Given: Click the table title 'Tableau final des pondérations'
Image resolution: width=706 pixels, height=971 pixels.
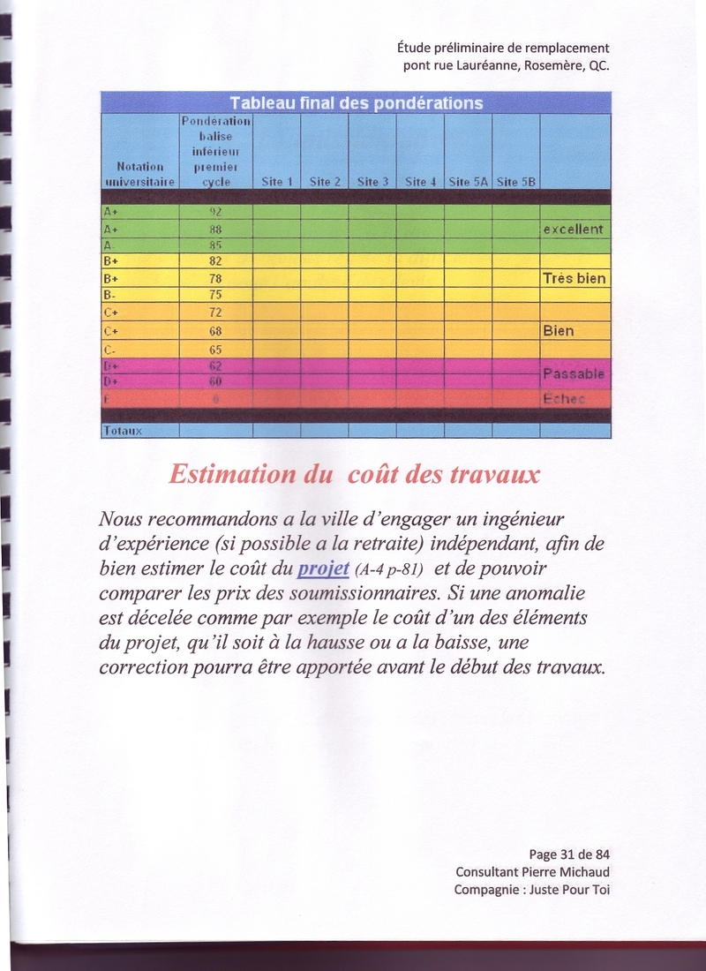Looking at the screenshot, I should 356,102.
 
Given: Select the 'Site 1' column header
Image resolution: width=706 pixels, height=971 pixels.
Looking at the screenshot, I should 276,182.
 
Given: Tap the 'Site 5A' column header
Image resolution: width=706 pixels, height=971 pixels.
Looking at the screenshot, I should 468,182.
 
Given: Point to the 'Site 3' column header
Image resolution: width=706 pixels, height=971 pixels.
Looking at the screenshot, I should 372,182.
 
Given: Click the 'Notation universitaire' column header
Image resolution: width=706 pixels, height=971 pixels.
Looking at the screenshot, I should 140,173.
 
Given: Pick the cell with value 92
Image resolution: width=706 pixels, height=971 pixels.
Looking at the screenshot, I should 214,212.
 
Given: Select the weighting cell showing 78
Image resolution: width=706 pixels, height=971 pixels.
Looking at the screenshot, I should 214,278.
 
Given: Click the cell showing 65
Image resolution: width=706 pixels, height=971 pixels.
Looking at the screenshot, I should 214,350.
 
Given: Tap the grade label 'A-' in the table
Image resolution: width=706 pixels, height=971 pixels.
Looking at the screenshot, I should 109,245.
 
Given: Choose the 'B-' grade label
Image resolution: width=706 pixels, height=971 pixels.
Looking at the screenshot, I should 110,294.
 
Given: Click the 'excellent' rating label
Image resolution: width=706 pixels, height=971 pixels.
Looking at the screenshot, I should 573,230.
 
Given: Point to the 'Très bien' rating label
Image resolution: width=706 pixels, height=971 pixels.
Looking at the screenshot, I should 574,278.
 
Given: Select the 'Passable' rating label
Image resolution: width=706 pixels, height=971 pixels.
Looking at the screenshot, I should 574,374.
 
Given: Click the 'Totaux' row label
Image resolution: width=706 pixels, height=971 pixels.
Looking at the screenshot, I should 123,431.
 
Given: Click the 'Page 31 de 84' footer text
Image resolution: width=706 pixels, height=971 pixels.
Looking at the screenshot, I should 569,854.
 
